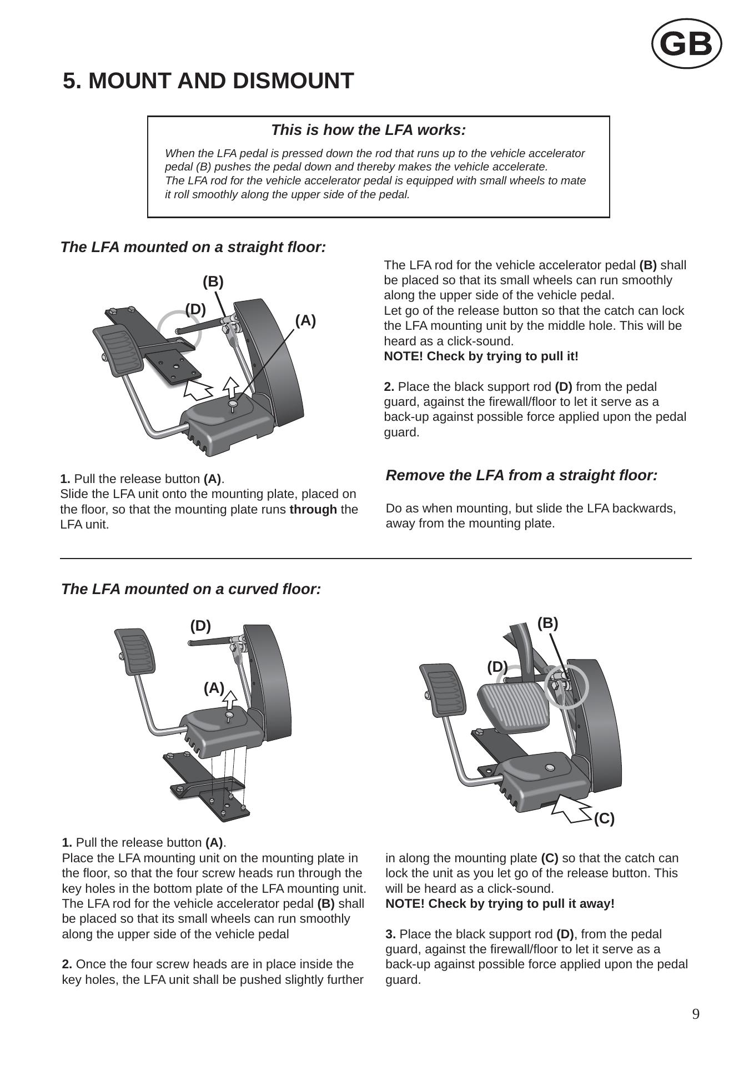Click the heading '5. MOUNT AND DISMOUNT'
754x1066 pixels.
click(x=208, y=81)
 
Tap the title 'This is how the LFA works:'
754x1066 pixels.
click(x=368, y=130)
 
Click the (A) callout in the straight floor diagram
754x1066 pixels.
click(x=305, y=320)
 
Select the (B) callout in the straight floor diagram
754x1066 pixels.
click(x=213, y=282)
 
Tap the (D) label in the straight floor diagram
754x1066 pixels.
click(x=195, y=309)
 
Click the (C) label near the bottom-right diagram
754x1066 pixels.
click(x=604, y=818)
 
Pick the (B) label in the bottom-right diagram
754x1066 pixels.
click(x=547, y=623)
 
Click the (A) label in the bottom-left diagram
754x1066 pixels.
click(x=214, y=688)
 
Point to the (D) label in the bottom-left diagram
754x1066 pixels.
click(x=200, y=626)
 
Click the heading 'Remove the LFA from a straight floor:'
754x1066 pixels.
click(x=521, y=475)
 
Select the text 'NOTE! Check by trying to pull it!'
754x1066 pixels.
click(x=481, y=356)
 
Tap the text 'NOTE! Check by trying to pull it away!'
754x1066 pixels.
click(x=500, y=903)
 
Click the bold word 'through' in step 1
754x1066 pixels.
click(x=313, y=509)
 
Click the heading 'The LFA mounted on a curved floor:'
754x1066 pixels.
click(x=191, y=589)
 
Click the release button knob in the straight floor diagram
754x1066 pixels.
click(x=234, y=404)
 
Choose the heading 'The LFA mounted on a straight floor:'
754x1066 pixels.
click(x=193, y=247)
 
